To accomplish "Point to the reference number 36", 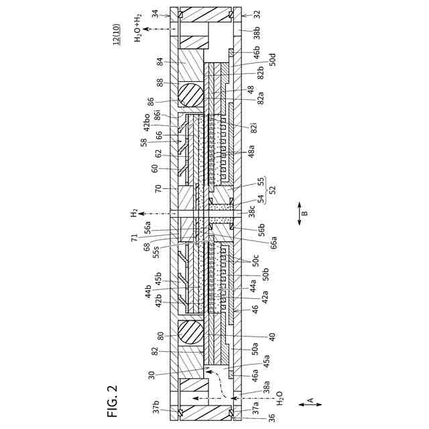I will point(253,418).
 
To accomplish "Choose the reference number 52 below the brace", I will point(271,190).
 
